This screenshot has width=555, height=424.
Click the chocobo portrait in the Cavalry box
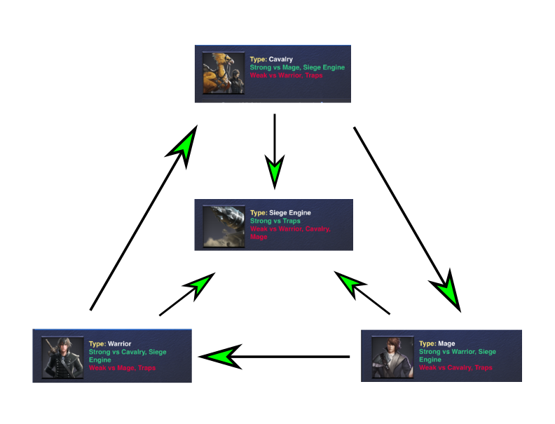point(224,74)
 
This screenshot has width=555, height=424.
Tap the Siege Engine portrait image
point(224,226)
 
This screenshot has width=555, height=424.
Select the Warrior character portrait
point(62,357)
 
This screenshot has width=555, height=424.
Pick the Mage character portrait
point(392,357)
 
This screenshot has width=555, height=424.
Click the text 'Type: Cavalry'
point(271,59)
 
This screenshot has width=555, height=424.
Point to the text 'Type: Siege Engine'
point(280,213)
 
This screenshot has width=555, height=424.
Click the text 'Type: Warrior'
point(110,343)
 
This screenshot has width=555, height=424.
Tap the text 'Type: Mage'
point(437,343)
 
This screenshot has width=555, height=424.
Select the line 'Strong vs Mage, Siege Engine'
point(297,67)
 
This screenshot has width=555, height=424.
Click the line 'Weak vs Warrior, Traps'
point(286,76)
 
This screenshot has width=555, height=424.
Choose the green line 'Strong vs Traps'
point(275,221)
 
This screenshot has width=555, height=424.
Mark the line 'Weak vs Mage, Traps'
point(122,368)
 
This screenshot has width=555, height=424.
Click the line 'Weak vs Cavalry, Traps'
point(455,367)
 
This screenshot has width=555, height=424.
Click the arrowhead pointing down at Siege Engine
point(275,172)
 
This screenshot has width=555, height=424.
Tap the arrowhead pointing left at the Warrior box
point(220,357)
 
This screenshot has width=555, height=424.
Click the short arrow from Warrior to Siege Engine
point(187,294)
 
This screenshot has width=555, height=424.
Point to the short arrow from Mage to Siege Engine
point(362,293)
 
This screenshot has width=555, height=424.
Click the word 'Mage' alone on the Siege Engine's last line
point(259,237)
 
